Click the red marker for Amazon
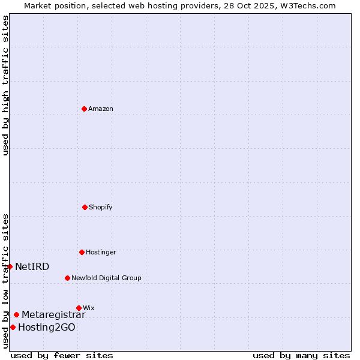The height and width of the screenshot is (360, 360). coord(85,109)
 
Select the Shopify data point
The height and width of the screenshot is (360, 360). coord(85,207)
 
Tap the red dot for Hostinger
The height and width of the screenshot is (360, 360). coord(82,252)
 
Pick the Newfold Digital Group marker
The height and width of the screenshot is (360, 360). coord(67,278)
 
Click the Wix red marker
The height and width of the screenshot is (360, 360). coord(79,308)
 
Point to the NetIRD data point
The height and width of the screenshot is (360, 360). coord(10,266)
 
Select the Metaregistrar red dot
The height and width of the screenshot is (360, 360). coord(16,314)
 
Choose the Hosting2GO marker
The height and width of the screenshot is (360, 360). coord(13,327)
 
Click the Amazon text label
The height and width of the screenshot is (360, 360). coord(101,109)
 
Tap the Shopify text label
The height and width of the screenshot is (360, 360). coord(101,207)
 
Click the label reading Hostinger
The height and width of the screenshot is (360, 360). coord(101,252)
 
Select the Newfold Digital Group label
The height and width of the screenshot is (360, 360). coord(106,278)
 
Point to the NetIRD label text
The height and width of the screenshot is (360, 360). coord(32,266)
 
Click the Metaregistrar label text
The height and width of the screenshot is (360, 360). coord(53,314)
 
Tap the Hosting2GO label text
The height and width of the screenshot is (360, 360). coord(47,327)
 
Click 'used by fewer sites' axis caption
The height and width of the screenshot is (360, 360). coord(62,355)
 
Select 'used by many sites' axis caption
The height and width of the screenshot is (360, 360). coord(301,355)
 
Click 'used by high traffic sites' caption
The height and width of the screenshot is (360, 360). coord(5,85)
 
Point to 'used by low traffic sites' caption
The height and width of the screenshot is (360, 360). coord(5,281)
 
